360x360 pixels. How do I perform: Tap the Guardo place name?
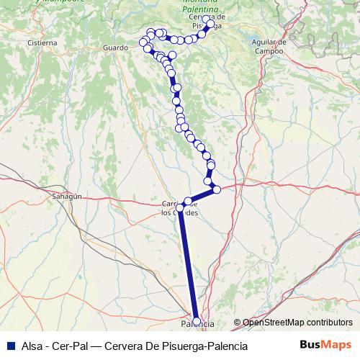115,48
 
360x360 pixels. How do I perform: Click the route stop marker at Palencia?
197,321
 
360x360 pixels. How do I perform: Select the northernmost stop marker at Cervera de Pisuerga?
207,19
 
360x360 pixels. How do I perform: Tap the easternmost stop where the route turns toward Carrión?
216,189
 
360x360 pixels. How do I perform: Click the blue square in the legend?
10,346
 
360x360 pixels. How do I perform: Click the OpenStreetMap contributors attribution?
297,323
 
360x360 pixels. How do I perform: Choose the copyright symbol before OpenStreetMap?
238,323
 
